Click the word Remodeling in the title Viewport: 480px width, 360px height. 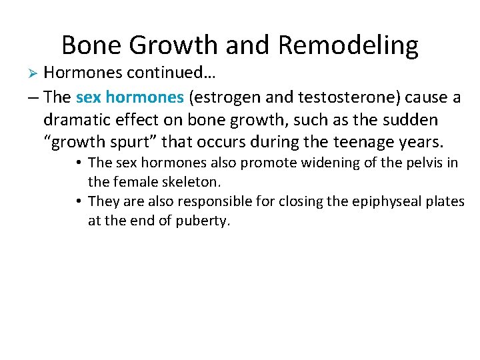click(348, 45)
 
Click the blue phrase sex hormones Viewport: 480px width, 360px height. click(130, 97)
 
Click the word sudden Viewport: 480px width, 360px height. click(413, 120)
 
